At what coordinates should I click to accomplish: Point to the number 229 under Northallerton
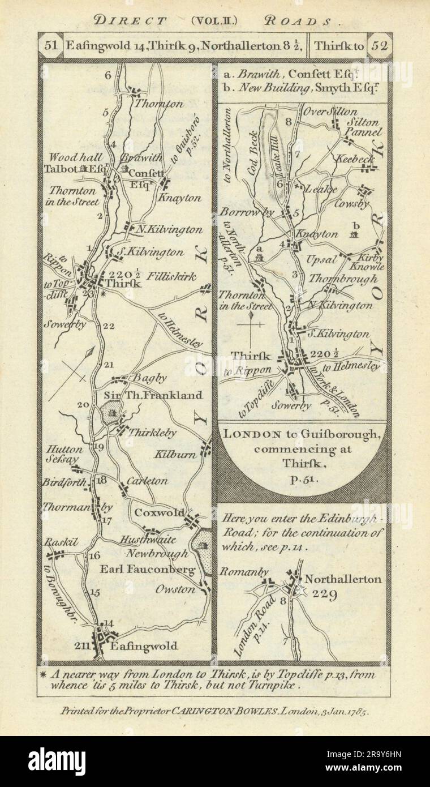click(323, 594)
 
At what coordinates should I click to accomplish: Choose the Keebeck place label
click(355, 160)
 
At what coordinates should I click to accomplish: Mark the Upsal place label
click(320, 260)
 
